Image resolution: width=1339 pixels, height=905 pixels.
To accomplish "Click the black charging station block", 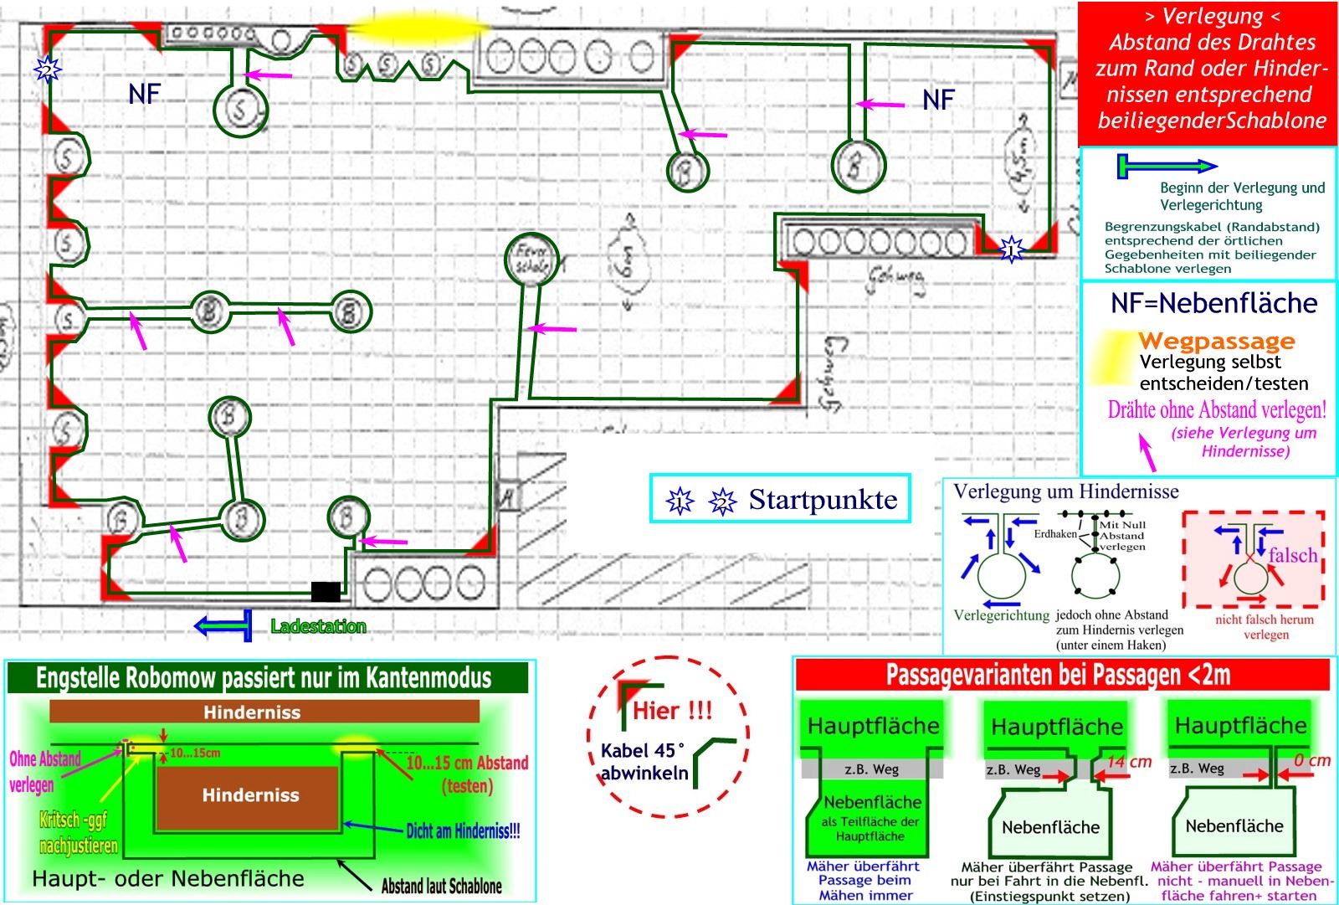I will tap(326, 591).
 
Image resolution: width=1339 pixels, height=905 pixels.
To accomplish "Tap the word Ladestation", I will tap(318, 626).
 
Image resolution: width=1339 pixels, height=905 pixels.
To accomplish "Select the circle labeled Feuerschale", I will tap(531, 259).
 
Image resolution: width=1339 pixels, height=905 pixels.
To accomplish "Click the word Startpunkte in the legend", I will tap(823, 500).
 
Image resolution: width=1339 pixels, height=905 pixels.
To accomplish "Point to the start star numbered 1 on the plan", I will tap(1012, 249).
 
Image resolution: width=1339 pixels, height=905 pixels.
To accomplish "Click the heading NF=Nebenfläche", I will tap(1213, 303).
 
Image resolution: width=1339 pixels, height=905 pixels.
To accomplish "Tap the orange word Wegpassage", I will tap(1216, 342).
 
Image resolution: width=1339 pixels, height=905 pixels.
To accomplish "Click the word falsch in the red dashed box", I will tap(1292, 555).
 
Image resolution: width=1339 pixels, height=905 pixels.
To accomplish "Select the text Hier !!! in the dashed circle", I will tap(672, 711).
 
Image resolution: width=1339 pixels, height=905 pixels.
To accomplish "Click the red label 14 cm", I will tap(1129, 762).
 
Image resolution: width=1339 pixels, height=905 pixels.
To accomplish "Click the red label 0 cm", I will tap(1311, 760).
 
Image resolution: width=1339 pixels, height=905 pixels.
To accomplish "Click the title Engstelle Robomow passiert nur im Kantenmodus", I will tap(264, 678).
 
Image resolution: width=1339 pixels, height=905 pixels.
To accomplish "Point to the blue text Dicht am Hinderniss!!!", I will tap(463, 831).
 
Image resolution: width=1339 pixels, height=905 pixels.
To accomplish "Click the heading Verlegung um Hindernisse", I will tap(1065, 491).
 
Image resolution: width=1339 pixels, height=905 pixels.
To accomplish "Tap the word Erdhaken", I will tap(1054, 534).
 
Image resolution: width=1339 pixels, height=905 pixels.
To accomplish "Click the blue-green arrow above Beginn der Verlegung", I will tap(1167, 167).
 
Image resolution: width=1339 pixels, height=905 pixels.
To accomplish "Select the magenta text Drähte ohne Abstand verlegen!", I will tap(1217, 410).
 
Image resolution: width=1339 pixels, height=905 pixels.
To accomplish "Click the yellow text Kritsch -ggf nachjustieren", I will tap(78, 832).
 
